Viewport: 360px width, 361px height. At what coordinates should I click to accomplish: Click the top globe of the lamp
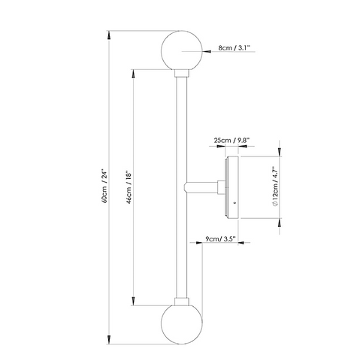[182, 50]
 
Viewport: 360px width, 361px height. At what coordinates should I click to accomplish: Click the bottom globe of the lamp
[182, 324]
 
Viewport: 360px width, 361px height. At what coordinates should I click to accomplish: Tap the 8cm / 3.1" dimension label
[234, 47]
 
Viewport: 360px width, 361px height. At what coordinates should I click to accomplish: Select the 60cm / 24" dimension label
[105, 187]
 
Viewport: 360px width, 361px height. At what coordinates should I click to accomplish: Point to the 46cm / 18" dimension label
[129, 187]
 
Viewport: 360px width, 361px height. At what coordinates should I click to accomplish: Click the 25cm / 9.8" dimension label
[232, 140]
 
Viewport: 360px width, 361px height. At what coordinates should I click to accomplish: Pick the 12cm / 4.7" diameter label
[275, 187]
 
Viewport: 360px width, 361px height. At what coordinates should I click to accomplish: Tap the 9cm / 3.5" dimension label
[220, 238]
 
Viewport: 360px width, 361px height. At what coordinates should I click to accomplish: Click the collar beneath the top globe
[182, 74]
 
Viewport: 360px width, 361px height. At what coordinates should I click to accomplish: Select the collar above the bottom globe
[182, 302]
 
